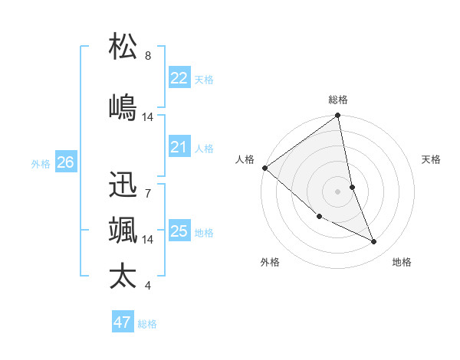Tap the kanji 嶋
[123, 107]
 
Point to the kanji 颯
[123, 231]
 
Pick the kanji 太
[123, 276]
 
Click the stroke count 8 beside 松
[147, 56]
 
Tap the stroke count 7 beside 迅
[147, 194]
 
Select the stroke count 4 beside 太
[147, 286]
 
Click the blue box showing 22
[179, 78]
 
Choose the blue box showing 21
[179, 147]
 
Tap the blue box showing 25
[179, 231]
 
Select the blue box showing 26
[65, 162]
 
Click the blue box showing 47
[122, 322]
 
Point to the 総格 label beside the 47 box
[147, 324]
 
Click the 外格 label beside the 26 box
[41, 163]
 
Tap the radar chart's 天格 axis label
[431, 159]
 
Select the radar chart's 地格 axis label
[402, 262]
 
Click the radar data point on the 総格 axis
[338, 116]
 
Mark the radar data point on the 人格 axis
[264, 167]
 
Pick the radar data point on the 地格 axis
[374, 242]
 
